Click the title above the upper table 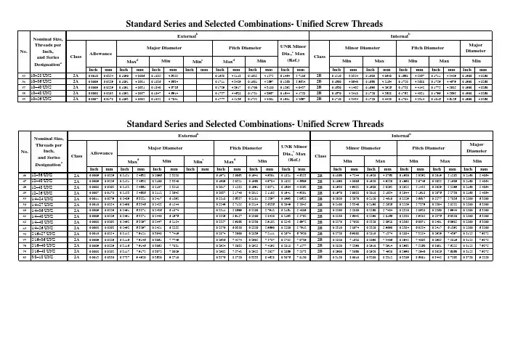(255, 24)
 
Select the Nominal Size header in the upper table (44, 52)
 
